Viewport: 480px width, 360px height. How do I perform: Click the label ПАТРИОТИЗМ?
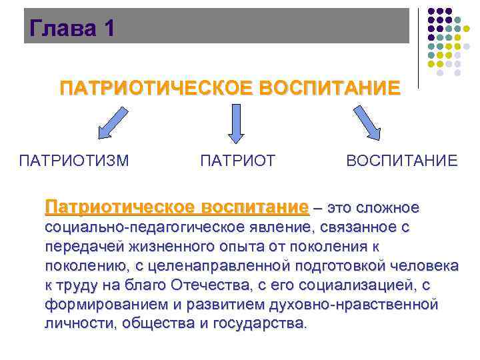[74, 160]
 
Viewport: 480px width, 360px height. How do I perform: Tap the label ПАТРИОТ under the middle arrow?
[237, 160]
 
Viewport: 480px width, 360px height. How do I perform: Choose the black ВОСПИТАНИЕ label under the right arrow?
[402, 160]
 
